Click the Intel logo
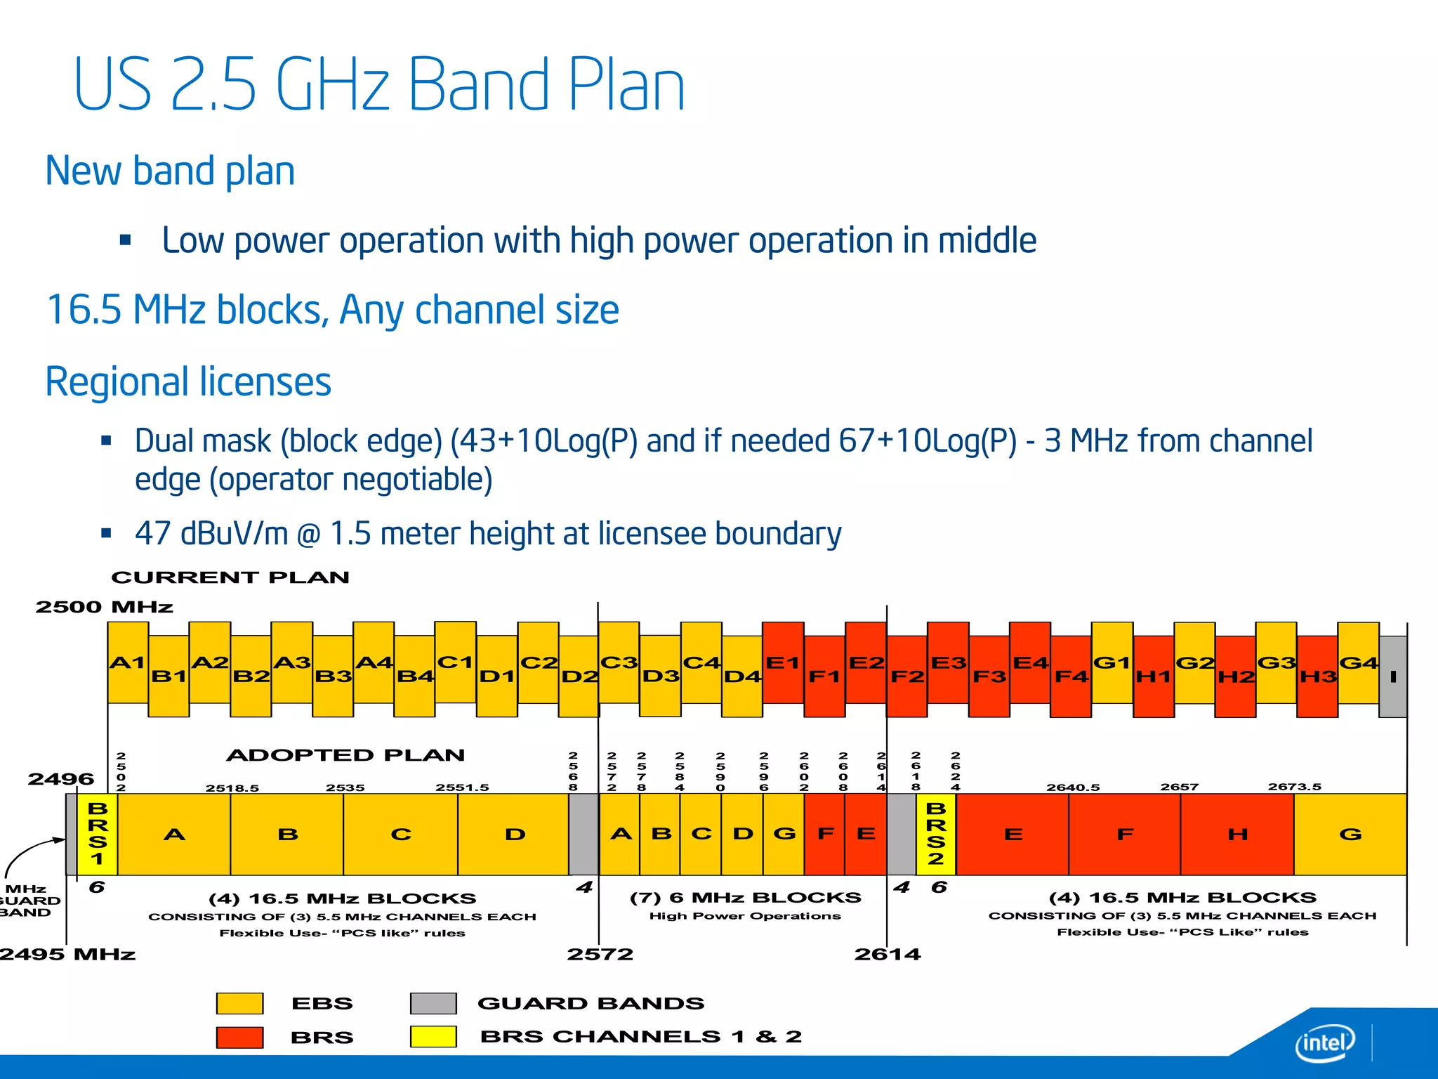(1325, 1042)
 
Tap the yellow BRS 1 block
(98, 834)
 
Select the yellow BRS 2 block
(936, 834)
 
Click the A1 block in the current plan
(128, 662)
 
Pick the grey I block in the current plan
(1393, 676)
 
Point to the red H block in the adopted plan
(1237, 834)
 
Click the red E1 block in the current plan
(783, 662)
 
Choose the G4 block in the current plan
(1359, 662)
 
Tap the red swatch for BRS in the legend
(239, 1037)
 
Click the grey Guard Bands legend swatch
(433, 1003)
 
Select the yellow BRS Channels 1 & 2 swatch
(433, 1037)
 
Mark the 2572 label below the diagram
(600, 954)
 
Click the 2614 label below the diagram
(888, 954)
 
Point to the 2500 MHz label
(104, 607)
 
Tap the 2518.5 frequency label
(232, 788)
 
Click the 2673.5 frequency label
(1294, 787)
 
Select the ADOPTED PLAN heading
(345, 755)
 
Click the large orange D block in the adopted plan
(515, 834)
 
